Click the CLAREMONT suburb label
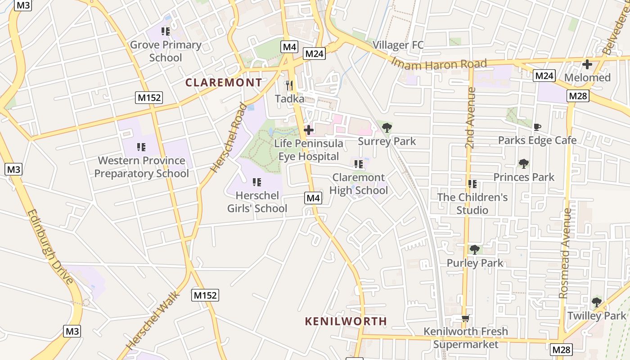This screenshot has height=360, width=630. point(224,83)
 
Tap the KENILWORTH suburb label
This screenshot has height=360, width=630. point(346,321)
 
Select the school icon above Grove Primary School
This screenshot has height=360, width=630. point(166,31)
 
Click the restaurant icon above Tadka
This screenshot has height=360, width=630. point(289,85)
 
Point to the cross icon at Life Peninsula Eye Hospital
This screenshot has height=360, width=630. point(309,130)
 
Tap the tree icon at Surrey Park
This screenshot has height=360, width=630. point(387,128)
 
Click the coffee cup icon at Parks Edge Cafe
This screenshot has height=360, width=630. point(537,127)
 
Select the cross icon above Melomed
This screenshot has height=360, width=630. point(587,64)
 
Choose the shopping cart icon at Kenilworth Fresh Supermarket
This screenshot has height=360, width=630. point(465,318)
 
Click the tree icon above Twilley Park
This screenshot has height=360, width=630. point(596,302)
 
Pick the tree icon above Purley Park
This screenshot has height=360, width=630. point(474,249)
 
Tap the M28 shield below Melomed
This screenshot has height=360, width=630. point(577,96)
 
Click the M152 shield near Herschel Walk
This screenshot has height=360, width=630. point(205,295)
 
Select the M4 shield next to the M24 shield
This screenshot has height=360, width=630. point(290,46)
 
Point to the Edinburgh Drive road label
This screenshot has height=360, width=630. point(50,247)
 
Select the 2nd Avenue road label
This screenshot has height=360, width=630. point(471,118)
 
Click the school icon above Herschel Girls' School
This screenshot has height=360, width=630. point(256,182)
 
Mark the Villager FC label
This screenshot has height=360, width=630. point(398,45)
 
